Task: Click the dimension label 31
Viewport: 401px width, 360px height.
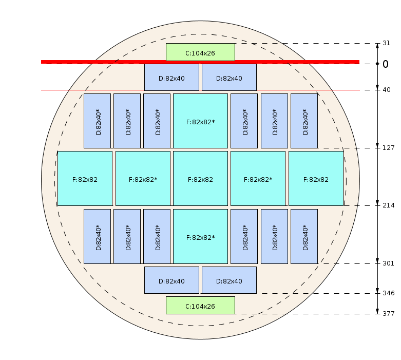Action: coord(386,43)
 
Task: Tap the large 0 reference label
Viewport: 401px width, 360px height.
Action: coord(386,64)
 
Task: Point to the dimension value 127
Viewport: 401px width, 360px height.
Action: coord(388,148)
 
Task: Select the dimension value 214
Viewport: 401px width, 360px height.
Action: coord(388,205)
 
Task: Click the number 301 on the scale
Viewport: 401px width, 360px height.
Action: coord(388,263)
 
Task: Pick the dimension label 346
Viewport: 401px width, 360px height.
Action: coord(388,293)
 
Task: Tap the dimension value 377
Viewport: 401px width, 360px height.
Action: coord(388,314)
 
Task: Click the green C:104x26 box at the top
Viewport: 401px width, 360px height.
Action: coord(200,52)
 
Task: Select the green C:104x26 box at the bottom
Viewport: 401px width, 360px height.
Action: coord(200,305)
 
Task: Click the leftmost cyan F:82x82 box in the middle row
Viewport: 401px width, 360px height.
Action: coord(85,178)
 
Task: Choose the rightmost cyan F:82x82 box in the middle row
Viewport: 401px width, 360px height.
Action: coord(316,178)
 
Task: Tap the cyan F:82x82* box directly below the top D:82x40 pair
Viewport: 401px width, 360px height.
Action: coord(200,121)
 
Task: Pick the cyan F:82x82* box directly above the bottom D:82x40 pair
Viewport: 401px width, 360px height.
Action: coord(200,236)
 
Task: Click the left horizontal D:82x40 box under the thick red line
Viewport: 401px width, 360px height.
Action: coord(171,77)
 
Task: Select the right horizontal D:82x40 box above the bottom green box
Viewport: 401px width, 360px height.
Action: coord(229,280)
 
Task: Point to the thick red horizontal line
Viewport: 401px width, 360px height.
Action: coord(200,62)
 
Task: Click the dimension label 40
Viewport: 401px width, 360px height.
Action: coord(387,90)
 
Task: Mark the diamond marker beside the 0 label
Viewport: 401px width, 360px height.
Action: coord(377,64)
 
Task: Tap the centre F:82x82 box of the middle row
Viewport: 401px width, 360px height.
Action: coord(200,178)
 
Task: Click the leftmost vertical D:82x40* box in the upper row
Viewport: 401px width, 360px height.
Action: coord(97,121)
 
